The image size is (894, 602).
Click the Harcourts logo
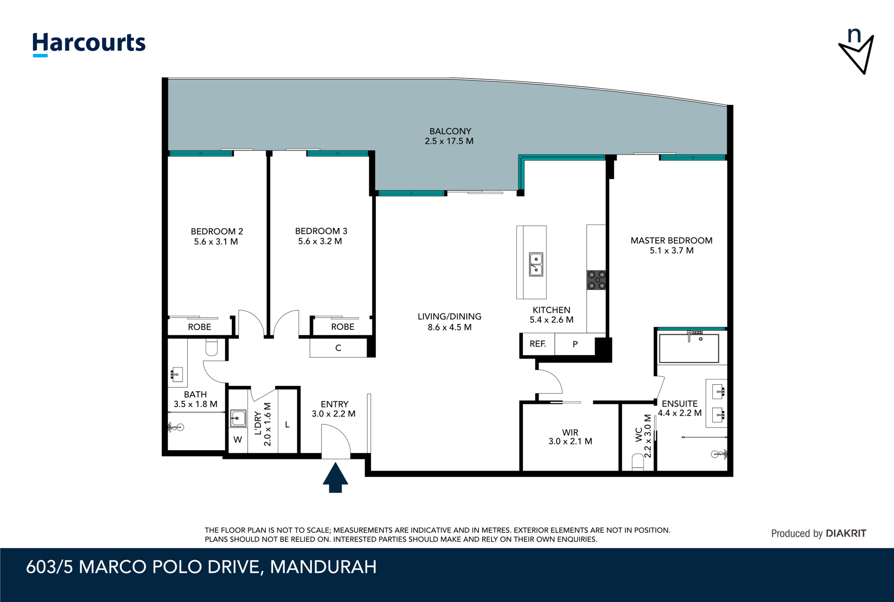pos(89,44)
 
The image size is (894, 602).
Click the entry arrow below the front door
pos(335,478)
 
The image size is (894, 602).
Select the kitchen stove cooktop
pos(596,280)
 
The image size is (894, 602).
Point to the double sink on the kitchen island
pos(536,264)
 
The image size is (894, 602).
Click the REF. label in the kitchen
pos(538,344)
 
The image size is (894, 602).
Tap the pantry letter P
pos(575,344)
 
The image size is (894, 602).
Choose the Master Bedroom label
pos(671,240)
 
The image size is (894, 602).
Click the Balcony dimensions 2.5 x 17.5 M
pos(449,141)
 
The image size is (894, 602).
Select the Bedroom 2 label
pos(217,231)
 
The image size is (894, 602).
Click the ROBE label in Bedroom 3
pos(343,327)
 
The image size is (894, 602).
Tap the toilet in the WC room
pos(638,462)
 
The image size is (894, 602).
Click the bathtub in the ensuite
pos(689,348)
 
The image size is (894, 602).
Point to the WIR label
pos(570,432)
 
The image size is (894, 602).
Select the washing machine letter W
pos(238,439)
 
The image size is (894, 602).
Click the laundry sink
pos(238,418)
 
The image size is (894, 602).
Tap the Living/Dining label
pos(450,317)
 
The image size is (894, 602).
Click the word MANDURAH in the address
pos(323,567)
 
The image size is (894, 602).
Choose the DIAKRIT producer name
pos(846,533)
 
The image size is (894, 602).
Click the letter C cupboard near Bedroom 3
pos(338,348)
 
